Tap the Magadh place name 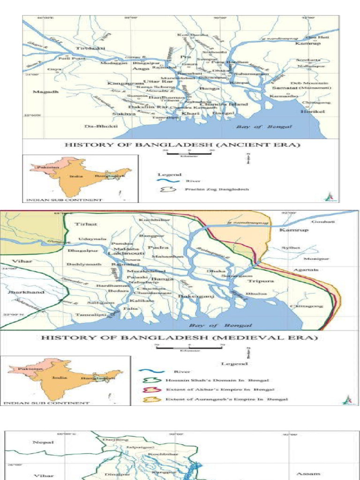coord(45,92)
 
